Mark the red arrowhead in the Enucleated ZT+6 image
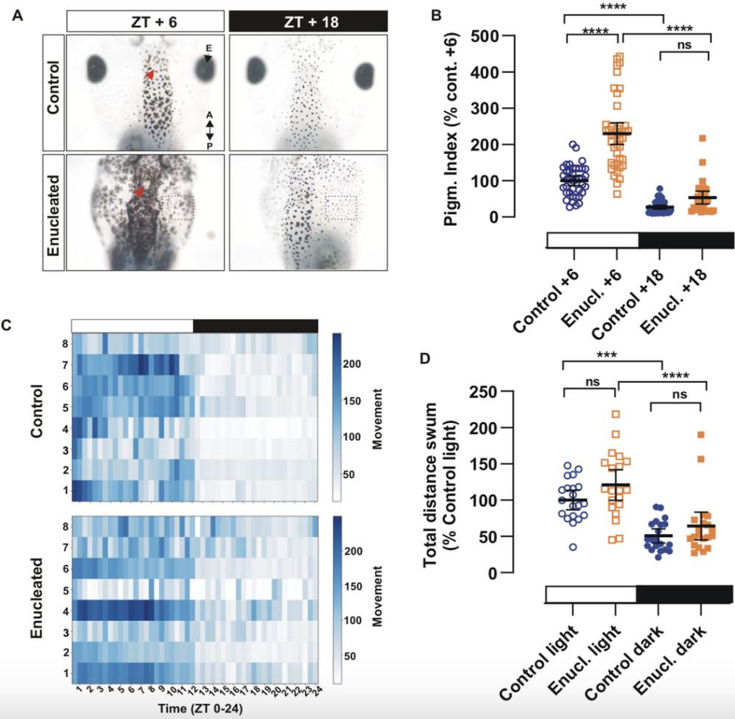138,192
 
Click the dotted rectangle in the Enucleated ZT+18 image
341,208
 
